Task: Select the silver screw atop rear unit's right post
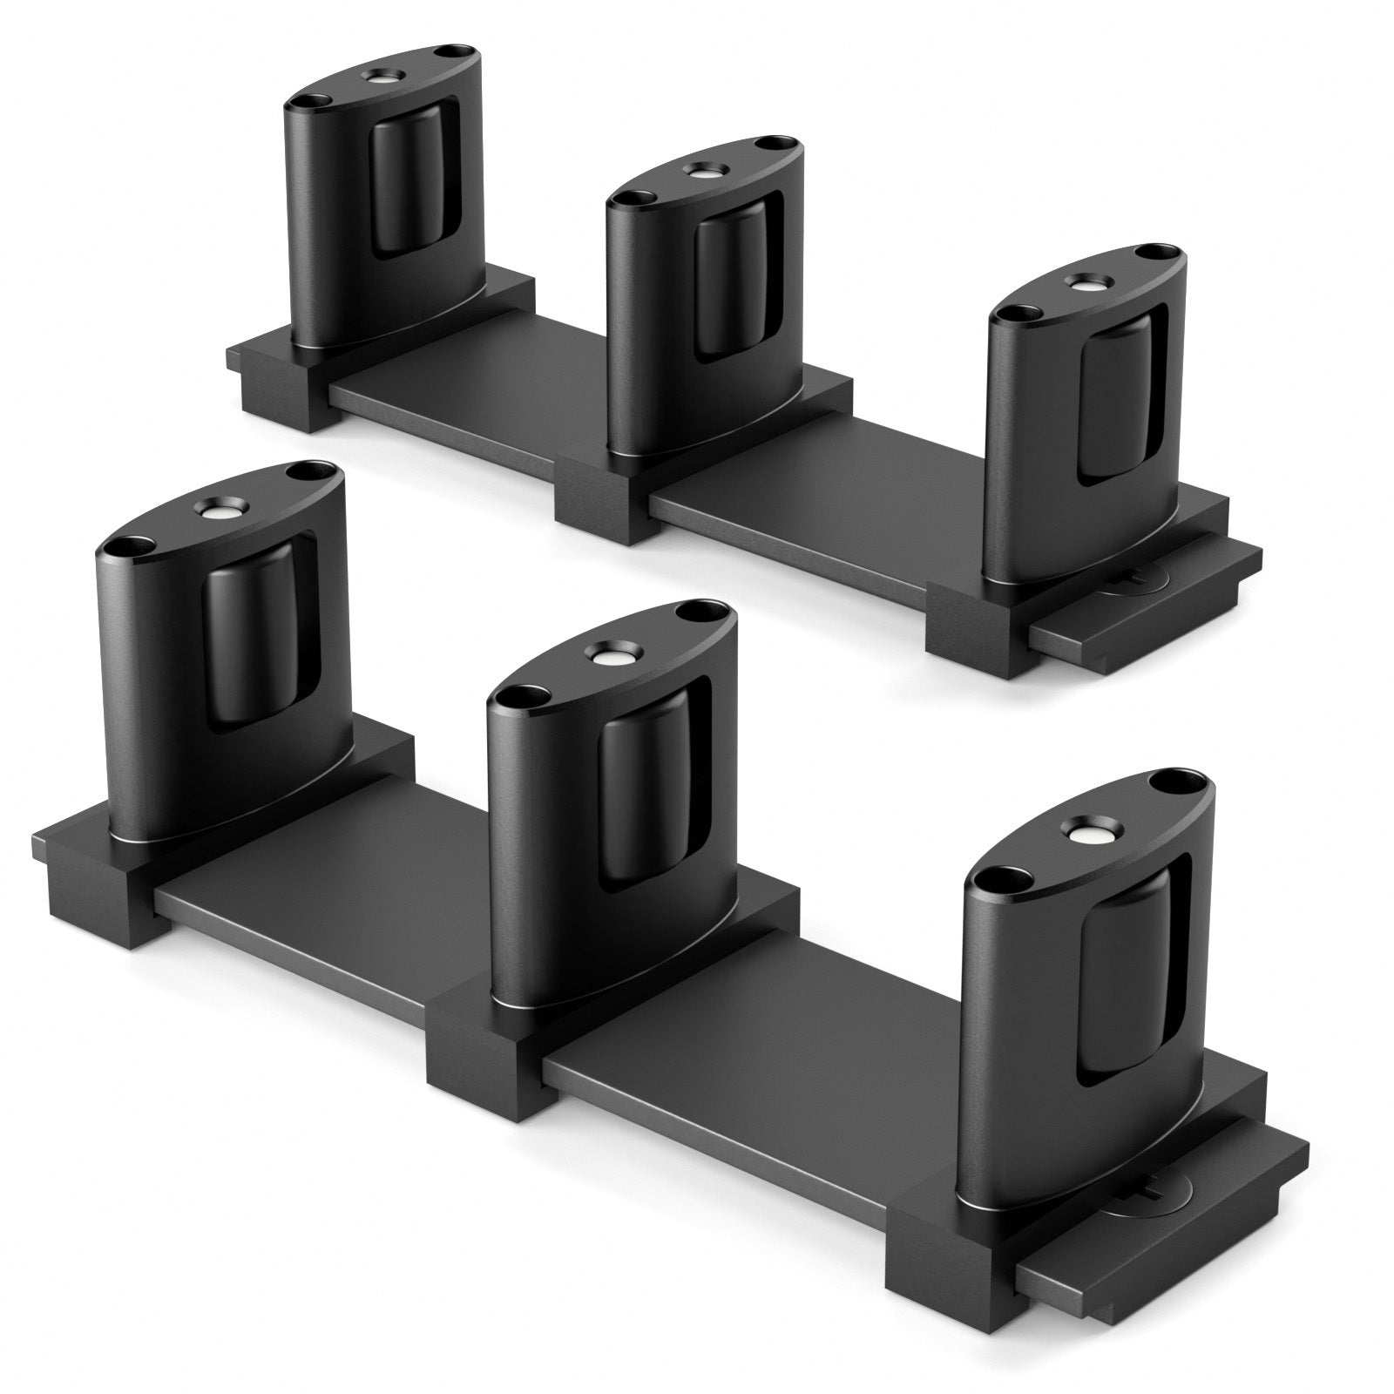click(x=1086, y=284)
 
